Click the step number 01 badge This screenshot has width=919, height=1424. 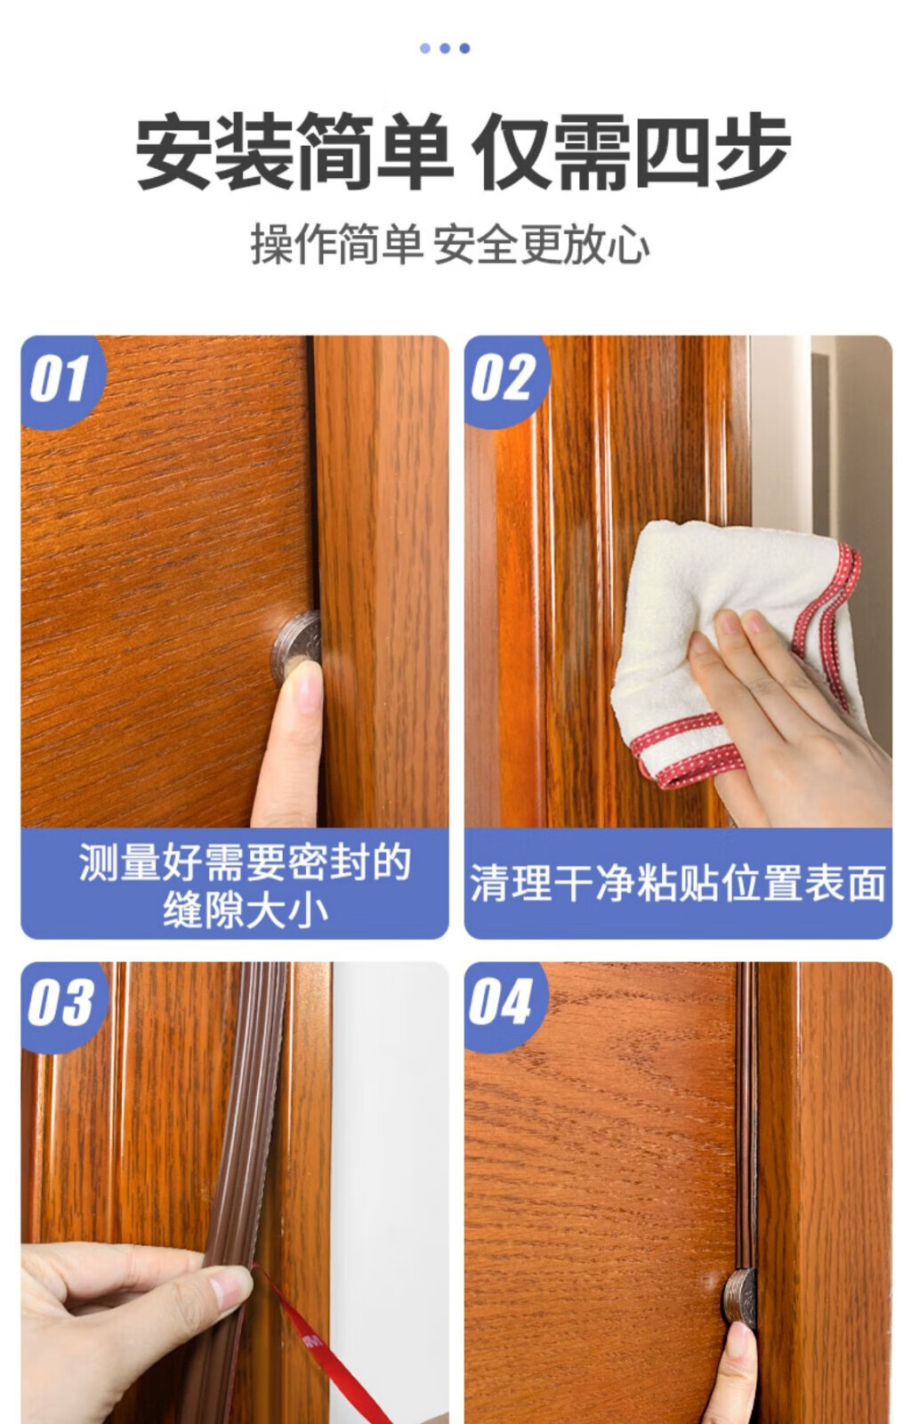click(60, 379)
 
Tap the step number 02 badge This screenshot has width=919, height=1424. click(504, 379)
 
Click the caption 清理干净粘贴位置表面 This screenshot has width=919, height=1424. click(678, 884)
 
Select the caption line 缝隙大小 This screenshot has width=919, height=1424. click(246, 910)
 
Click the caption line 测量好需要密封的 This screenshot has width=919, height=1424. click(246, 862)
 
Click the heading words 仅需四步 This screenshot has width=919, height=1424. click(631, 152)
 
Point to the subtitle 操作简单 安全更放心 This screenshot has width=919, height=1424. click(450, 244)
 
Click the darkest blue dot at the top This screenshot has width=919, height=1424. click(464, 48)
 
